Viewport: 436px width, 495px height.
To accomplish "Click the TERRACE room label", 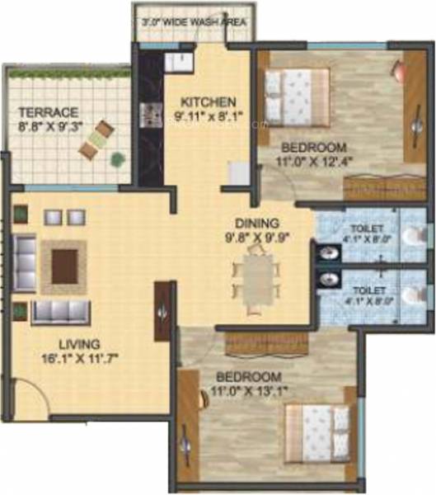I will click(x=49, y=111).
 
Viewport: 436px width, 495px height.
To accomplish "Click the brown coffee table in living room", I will click(x=65, y=266).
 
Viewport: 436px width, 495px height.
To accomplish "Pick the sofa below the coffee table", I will click(x=61, y=312).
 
